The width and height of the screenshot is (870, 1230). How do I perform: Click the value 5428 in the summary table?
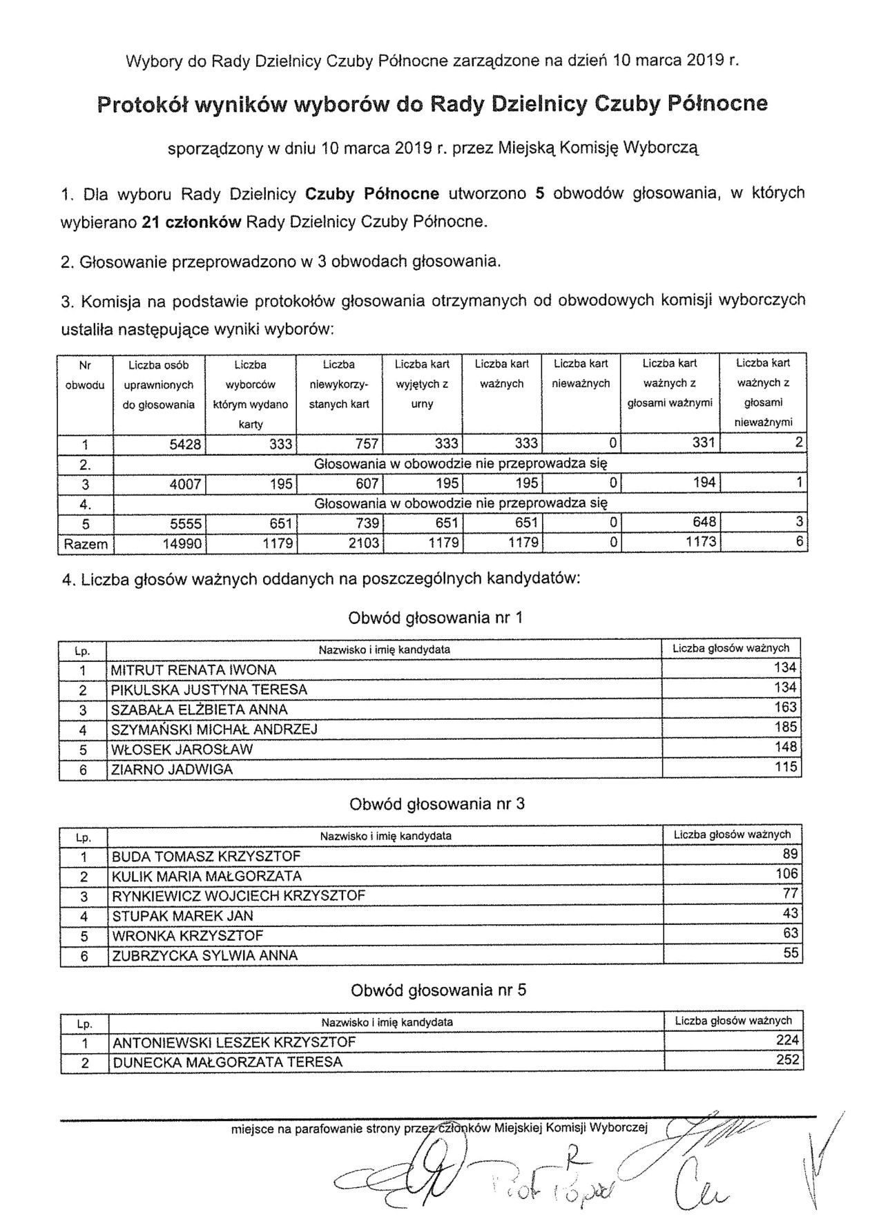pyautogui.click(x=184, y=445)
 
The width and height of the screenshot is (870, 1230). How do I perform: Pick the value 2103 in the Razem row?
pyautogui.click(x=363, y=544)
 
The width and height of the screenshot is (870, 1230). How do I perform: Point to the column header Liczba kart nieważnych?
pyautogui.click(x=581, y=373)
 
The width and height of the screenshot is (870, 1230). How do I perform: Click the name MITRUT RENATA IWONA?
pyautogui.click(x=194, y=670)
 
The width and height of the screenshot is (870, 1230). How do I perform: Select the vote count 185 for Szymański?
pyautogui.click(x=786, y=728)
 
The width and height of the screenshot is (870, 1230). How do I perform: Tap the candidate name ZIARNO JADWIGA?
pyautogui.click(x=173, y=770)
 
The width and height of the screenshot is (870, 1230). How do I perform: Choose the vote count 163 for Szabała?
pyautogui.click(x=786, y=707)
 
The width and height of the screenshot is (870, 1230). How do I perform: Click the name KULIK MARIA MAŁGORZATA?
pyautogui.click(x=207, y=877)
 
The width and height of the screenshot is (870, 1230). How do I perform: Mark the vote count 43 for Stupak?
pyautogui.click(x=791, y=914)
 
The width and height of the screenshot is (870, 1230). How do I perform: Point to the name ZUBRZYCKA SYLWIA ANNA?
pyautogui.click(x=205, y=956)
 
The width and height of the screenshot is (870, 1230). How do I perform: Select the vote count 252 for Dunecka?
pyautogui.click(x=787, y=1060)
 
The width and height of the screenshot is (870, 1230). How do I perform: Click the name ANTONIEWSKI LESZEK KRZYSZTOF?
pyautogui.click(x=234, y=1043)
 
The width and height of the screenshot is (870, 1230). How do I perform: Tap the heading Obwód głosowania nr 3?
pyautogui.click(x=437, y=805)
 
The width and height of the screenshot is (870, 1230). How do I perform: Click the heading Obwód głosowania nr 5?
pyautogui.click(x=438, y=991)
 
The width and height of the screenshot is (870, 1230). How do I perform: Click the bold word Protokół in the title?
pyautogui.click(x=141, y=104)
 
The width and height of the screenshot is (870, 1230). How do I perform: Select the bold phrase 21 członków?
pyautogui.click(x=191, y=222)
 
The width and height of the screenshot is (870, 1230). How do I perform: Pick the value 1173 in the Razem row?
pyautogui.click(x=701, y=543)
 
